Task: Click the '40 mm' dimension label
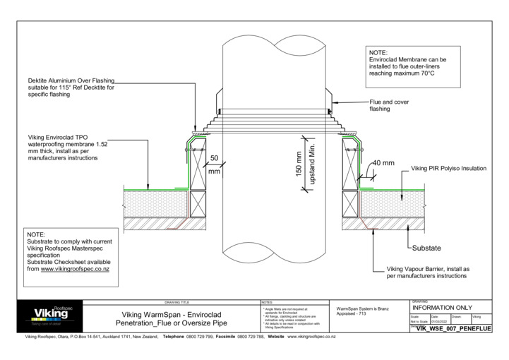(x=383, y=163)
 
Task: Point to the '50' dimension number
(x=214, y=160)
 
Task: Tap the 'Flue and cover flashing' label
(x=389, y=105)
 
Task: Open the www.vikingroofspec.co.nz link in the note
(x=80, y=269)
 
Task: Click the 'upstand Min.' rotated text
(x=311, y=167)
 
